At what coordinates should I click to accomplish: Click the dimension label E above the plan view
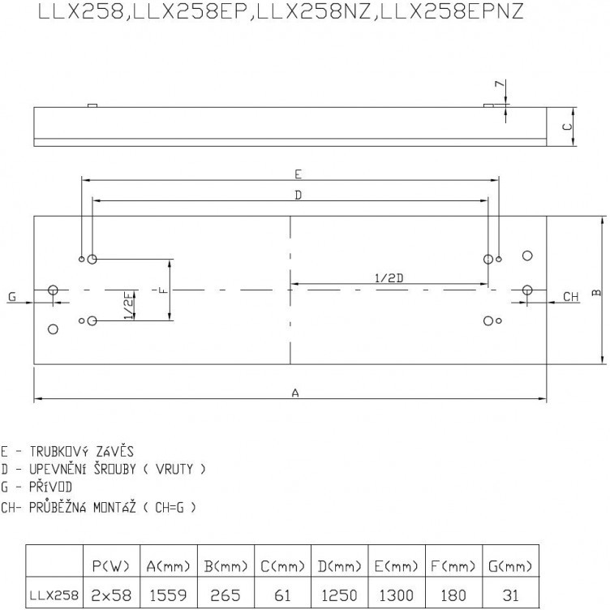(298, 174)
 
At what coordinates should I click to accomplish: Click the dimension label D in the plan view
(298, 195)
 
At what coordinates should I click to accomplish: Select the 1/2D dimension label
(389, 278)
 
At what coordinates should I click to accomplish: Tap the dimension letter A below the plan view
(295, 393)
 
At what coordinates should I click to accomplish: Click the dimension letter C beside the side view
(568, 127)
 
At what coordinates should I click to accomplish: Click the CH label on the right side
(571, 297)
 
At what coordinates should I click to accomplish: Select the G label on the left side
(12, 297)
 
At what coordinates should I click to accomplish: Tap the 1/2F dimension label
(130, 305)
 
